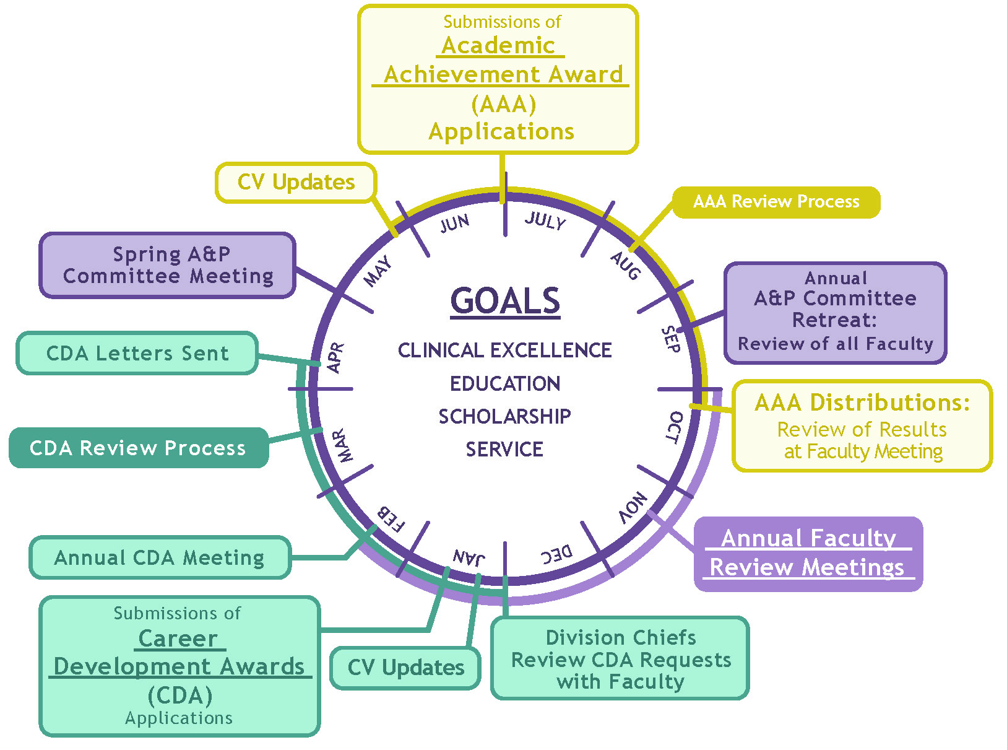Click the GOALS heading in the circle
click(505, 301)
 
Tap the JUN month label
click(455, 223)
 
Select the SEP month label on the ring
click(670, 339)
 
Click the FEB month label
click(391, 519)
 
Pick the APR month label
click(335, 357)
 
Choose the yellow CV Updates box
click(296, 182)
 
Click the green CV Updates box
click(405, 668)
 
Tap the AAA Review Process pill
click(776, 202)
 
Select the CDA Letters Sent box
click(137, 353)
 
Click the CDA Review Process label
click(138, 448)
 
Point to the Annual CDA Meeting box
click(160, 557)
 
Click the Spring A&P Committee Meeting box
click(168, 265)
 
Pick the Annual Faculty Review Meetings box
click(808, 553)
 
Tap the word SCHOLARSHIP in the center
click(504, 416)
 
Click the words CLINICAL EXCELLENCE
click(504, 351)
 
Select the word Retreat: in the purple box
click(834, 320)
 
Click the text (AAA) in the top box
click(503, 104)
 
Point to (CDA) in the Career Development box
click(180, 695)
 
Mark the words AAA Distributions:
click(862, 403)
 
